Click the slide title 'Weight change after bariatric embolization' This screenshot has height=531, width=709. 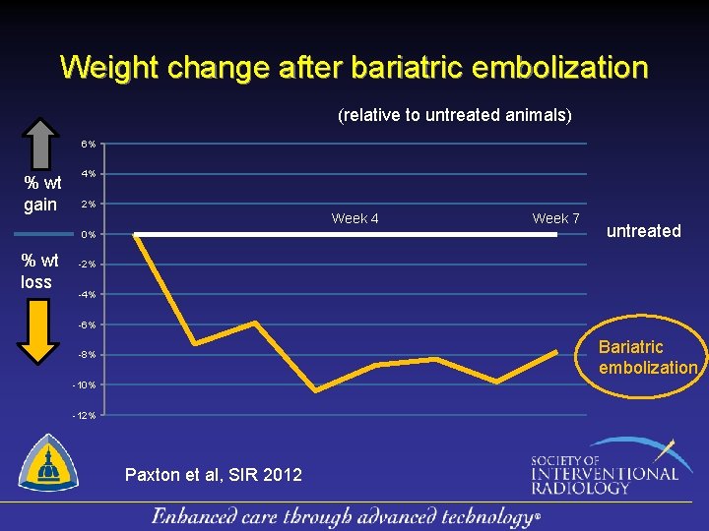pyautogui.click(x=354, y=68)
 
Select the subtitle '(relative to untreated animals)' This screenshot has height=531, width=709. pyautogui.click(x=454, y=115)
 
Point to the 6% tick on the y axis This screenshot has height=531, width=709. pyautogui.click(x=89, y=145)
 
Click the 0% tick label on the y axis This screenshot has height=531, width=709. pyautogui.click(x=89, y=235)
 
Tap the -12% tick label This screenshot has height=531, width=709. pyautogui.click(x=85, y=415)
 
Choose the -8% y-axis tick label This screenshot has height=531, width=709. pyautogui.click(x=88, y=355)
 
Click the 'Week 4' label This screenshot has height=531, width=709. pyautogui.click(x=354, y=218)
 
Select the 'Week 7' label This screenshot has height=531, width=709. pyautogui.click(x=555, y=218)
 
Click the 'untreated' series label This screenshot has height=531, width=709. pyautogui.click(x=643, y=231)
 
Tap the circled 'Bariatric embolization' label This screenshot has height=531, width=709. pyautogui.click(x=647, y=357)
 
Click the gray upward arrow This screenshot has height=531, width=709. pyautogui.click(x=40, y=144)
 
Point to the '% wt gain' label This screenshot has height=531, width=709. pyautogui.click(x=41, y=193)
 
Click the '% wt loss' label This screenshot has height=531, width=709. pyautogui.click(x=40, y=270)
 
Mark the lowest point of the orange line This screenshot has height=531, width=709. pyautogui.click(x=316, y=390)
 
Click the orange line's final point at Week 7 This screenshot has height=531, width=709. pyautogui.click(x=557, y=351)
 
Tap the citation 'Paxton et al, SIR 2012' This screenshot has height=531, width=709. pyautogui.click(x=214, y=475)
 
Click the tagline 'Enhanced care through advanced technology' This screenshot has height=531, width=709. pyautogui.click(x=346, y=516)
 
